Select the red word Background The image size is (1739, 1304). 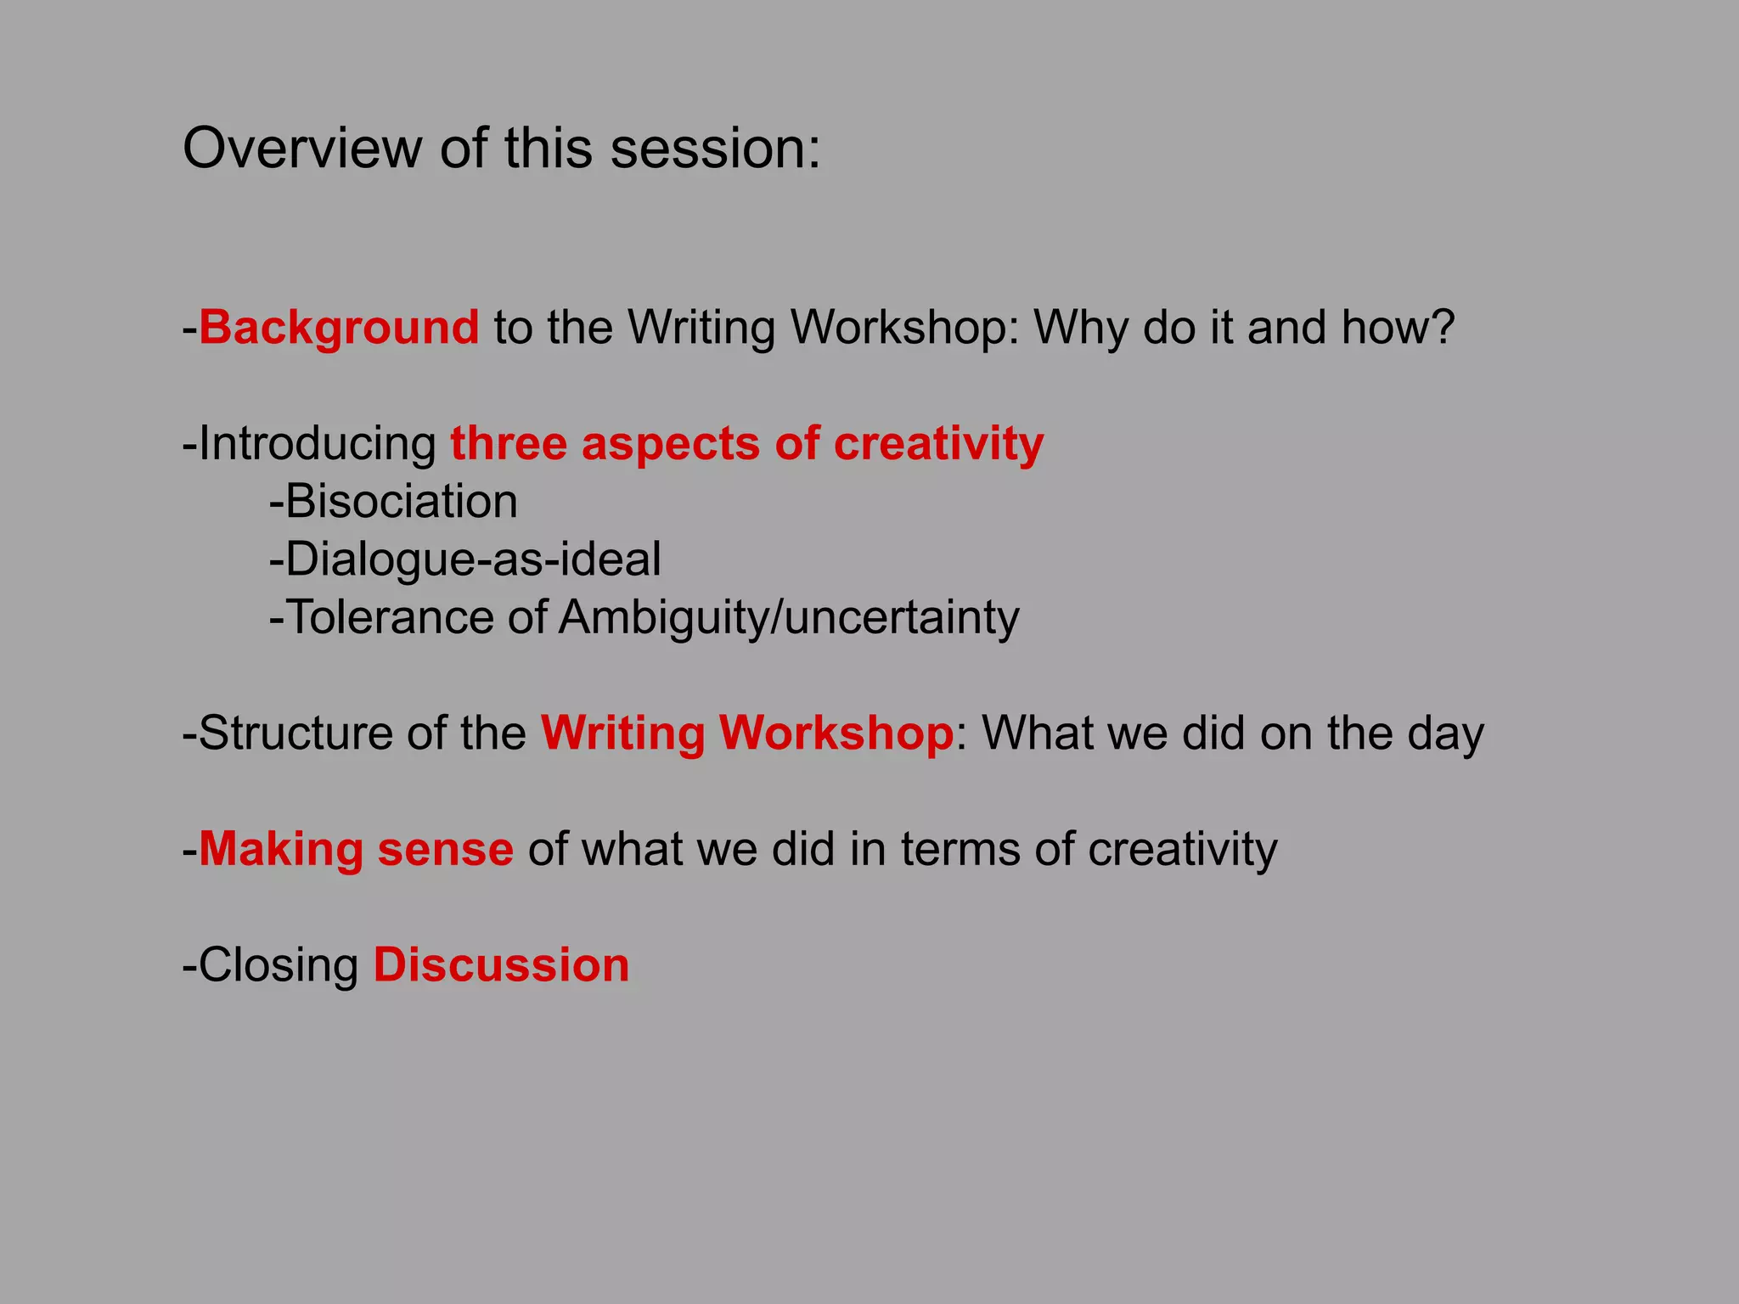click(x=339, y=328)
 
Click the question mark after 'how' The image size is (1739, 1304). click(x=1441, y=328)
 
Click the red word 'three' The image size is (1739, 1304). click(x=508, y=444)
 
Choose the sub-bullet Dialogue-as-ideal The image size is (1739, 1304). click(x=472, y=559)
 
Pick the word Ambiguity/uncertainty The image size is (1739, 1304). click(x=789, y=617)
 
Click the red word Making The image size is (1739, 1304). click(x=280, y=849)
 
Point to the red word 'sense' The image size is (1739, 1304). click(x=445, y=849)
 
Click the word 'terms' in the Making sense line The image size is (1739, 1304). click(x=960, y=849)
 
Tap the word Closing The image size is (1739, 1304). click(x=279, y=965)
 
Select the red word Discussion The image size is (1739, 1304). click(x=501, y=965)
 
